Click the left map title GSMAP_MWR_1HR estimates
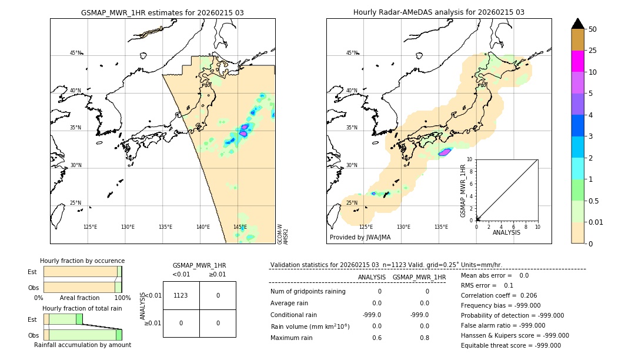pyautogui.click(x=162, y=12)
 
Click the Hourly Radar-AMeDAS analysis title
pyautogui.click(x=439, y=12)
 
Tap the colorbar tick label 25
pyautogui.click(x=593, y=51)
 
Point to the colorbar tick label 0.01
pyautogui.click(x=596, y=222)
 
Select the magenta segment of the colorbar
pyautogui.click(x=577, y=61)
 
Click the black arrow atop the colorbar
pyautogui.click(x=577, y=24)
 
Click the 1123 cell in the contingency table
pyautogui.click(x=181, y=295)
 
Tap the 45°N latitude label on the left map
pyautogui.click(x=76, y=53)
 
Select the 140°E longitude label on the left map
pyautogui.click(x=203, y=227)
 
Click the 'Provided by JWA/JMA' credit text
pyautogui.click(x=360, y=238)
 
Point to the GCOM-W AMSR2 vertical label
pyautogui.click(x=283, y=233)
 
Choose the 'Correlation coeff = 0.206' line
pyautogui.click(x=499, y=296)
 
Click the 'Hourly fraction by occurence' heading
pyautogui.click(x=82, y=261)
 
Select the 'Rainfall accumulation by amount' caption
pyautogui.click(x=82, y=345)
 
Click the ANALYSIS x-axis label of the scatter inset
pyautogui.click(x=507, y=232)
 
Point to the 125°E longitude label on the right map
pyautogui.click(x=366, y=227)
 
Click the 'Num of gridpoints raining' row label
pyautogui.click(x=308, y=292)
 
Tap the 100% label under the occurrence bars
pyautogui.click(x=122, y=298)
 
